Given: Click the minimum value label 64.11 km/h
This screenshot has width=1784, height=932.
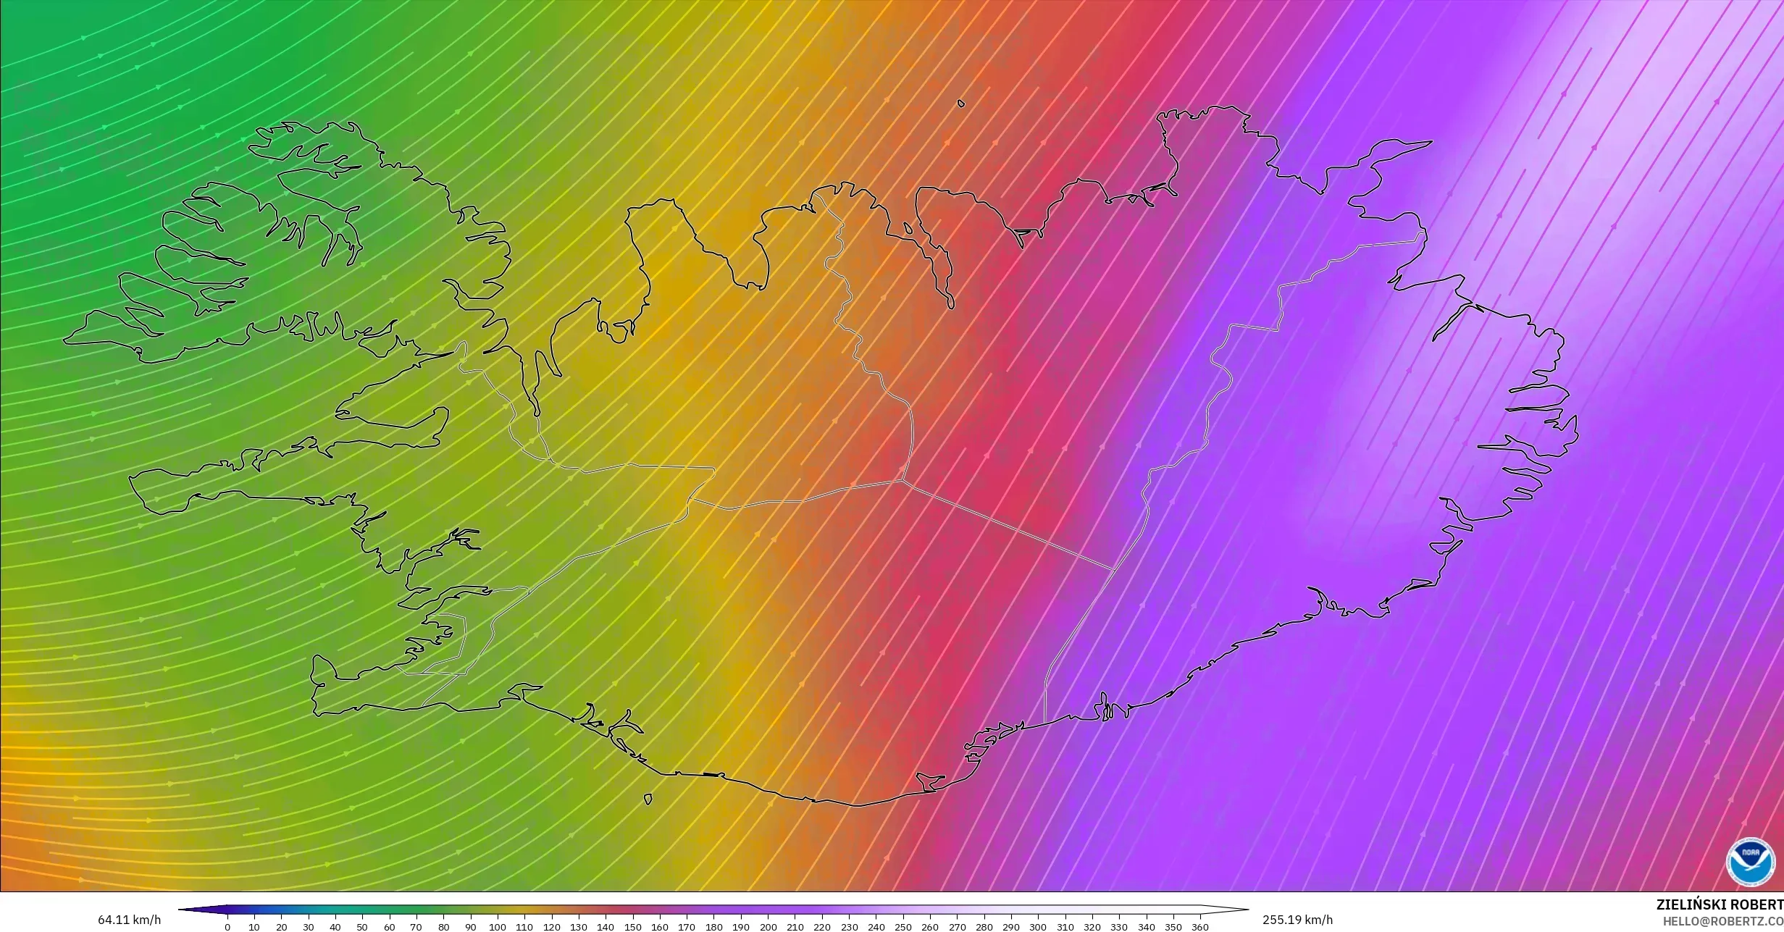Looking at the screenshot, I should (130, 920).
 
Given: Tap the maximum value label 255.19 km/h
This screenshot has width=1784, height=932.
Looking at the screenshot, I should (1297, 920).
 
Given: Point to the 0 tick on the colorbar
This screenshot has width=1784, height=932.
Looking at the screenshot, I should (227, 926).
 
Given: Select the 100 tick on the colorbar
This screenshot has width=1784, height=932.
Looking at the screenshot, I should (497, 926).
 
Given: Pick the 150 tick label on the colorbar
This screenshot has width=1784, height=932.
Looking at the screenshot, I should (632, 927).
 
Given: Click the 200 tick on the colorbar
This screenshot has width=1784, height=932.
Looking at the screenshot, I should (768, 926).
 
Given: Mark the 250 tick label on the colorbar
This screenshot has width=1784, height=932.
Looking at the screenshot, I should (903, 927).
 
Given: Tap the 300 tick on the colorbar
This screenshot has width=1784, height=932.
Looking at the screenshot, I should (1038, 926).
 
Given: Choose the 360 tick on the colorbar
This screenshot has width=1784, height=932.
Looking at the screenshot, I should (1200, 926).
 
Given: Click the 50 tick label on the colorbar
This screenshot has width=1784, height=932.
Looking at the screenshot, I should (362, 927).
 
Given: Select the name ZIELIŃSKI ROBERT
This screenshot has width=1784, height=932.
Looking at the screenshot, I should (1720, 904).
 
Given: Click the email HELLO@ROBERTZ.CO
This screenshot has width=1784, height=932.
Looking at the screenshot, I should (1722, 920).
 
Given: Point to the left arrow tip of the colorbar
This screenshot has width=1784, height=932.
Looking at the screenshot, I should (180, 910).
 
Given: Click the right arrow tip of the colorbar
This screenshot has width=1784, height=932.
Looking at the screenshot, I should (1247, 910).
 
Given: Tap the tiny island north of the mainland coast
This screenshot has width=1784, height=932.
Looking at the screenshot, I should (961, 104).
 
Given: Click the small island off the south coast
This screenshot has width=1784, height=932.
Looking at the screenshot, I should (648, 799).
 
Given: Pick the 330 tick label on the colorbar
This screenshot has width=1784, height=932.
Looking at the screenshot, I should (1119, 927).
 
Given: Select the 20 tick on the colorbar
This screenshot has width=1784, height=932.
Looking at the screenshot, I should (281, 926).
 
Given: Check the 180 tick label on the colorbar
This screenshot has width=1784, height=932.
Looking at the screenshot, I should (713, 927).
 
